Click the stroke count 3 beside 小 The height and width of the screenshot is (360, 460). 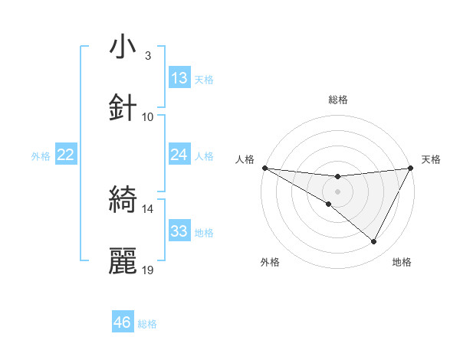[148, 56]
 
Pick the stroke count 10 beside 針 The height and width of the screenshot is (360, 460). [148, 117]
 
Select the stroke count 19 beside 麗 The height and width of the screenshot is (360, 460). [148, 270]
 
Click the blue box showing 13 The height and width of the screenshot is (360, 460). [179, 78]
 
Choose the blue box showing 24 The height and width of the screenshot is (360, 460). [179, 155]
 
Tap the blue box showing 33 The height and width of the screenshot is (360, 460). [179, 231]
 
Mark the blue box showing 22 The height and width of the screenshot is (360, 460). [66, 155]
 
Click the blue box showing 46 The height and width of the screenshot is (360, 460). [123, 322]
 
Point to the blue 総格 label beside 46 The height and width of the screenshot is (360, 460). [147, 324]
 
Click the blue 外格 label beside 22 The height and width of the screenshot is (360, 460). [41, 156]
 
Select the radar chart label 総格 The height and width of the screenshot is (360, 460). [337, 100]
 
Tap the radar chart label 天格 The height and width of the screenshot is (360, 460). [432, 159]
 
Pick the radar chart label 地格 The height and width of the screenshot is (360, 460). [402, 262]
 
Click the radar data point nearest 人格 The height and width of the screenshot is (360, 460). [264, 168]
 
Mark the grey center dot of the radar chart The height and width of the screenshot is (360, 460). [337, 191]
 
